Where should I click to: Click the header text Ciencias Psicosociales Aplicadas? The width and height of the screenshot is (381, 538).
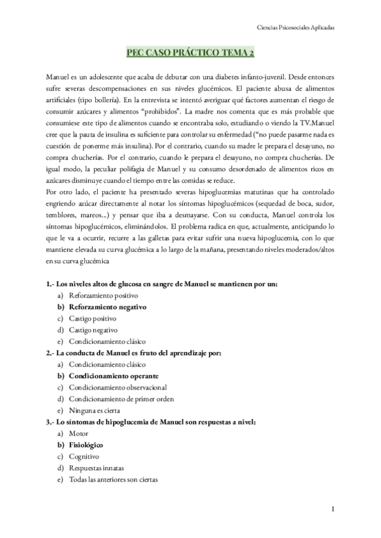[x=291, y=28]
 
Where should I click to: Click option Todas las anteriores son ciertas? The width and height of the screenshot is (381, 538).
[x=113, y=479]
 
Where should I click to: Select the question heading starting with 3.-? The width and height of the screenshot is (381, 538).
[x=150, y=421]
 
